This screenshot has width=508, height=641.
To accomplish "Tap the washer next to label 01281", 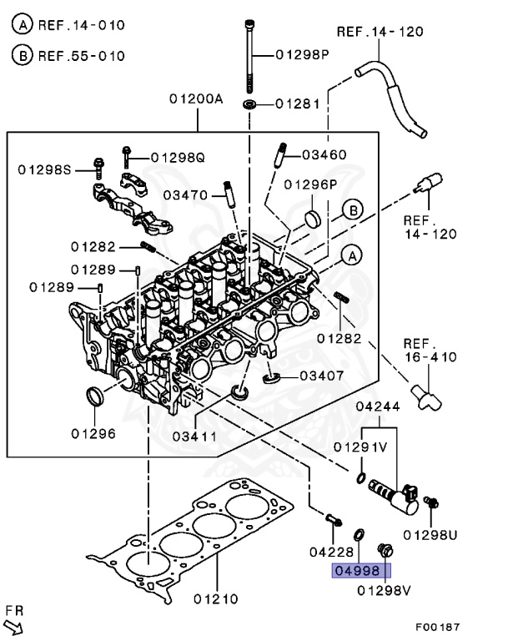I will point(249,104).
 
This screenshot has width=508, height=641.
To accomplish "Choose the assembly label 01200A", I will point(196,98).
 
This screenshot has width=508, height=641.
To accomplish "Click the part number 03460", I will point(324,154).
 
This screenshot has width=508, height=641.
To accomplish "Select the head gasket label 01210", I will point(216,598).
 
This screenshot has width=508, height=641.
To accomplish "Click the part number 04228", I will point(331,552).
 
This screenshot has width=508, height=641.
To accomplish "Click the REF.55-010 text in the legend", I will point(81,56).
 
